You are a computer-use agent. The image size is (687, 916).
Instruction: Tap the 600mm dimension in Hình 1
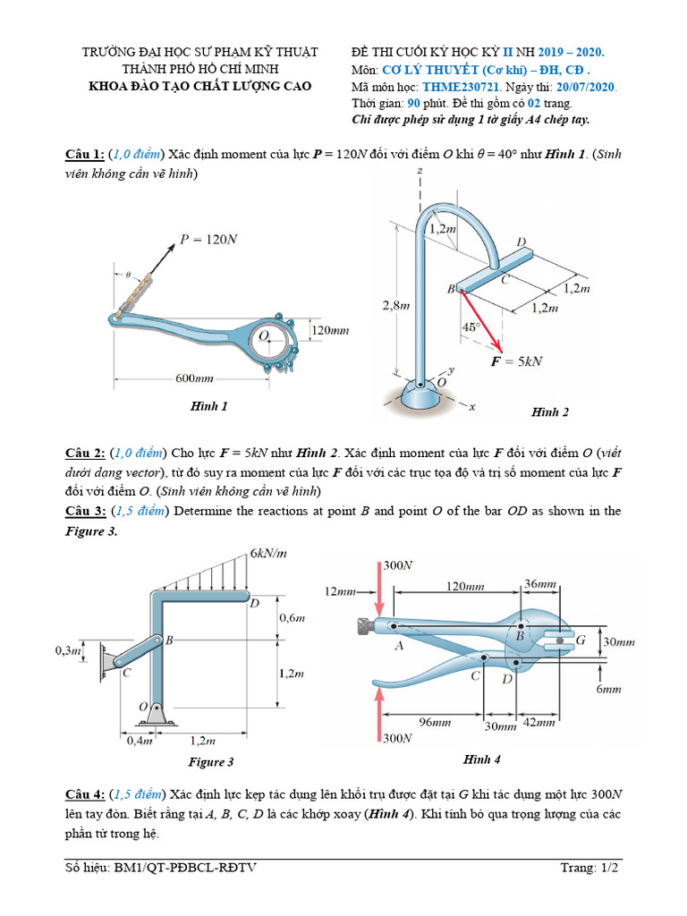tap(196, 378)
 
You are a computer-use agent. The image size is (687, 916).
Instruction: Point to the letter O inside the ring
tap(263, 336)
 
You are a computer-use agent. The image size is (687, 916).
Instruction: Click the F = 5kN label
tap(516, 361)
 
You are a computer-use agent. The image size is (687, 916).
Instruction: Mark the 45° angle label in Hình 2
tap(471, 327)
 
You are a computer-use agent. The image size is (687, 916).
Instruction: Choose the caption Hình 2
tap(549, 412)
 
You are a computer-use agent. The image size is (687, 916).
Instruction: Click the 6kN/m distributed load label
tap(268, 554)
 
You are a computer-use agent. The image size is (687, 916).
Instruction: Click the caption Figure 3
tap(211, 762)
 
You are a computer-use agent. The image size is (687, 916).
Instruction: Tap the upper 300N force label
tap(398, 566)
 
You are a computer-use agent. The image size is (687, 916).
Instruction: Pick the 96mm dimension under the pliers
tap(436, 721)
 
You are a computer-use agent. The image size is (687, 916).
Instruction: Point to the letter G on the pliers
tap(580, 640)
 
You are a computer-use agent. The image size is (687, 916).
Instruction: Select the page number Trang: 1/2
tap(590, 867)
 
